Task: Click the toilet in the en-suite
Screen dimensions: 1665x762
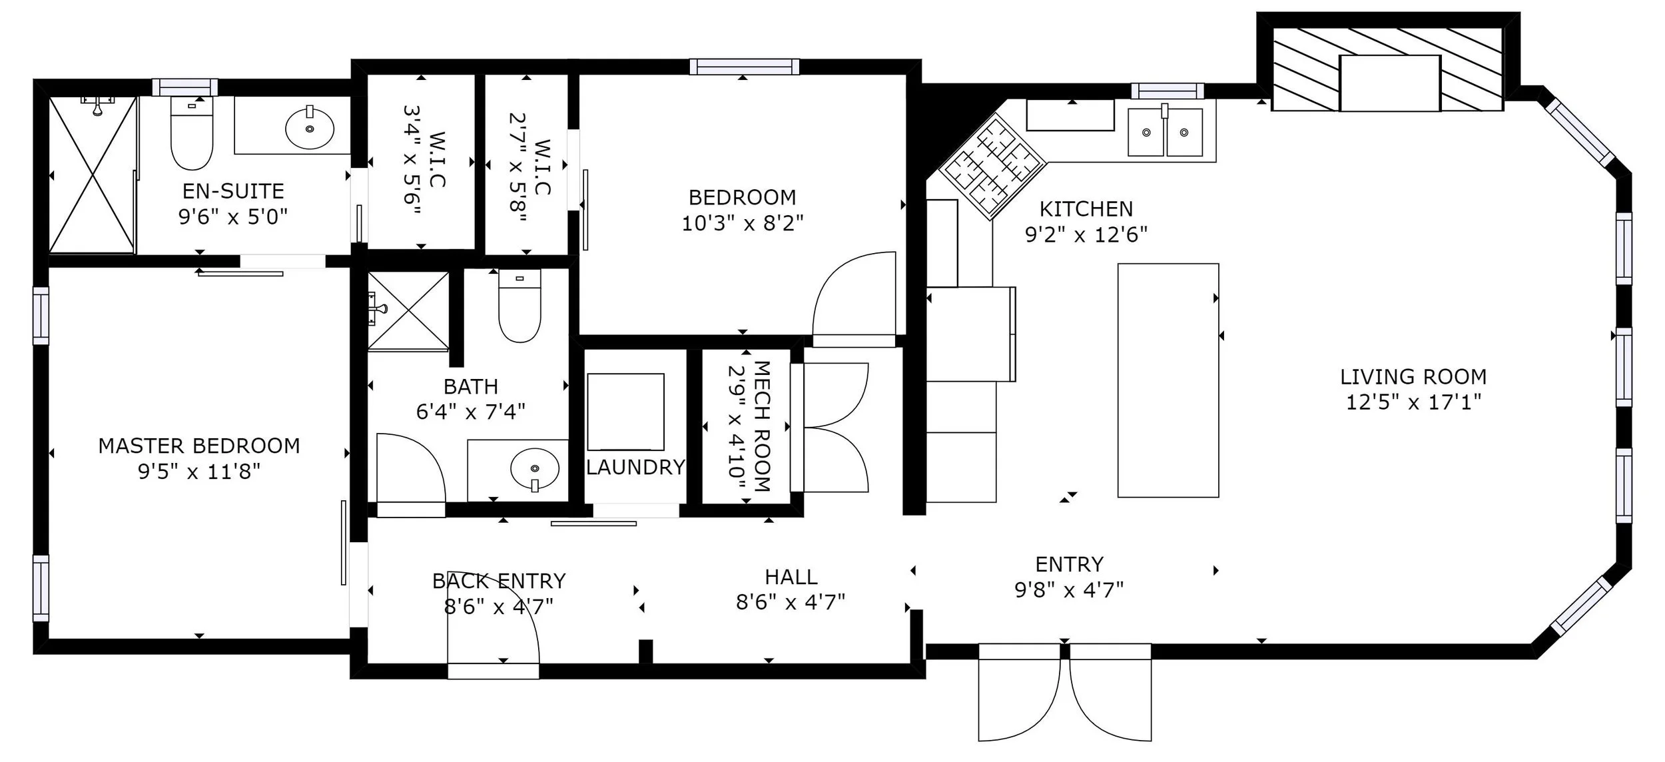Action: (192, 133)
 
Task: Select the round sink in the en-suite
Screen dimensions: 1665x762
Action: (310, 128)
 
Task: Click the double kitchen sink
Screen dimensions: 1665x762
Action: (1165, 132)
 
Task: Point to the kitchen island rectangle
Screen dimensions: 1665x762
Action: (1168, 380)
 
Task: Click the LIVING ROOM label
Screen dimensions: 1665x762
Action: (1413, 377)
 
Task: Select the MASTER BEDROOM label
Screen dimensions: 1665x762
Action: (199, 446)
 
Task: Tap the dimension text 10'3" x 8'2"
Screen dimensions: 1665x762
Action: (743, 223)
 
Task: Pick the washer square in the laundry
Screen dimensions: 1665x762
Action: (625, 412)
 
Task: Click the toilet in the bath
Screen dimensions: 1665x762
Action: (519, 306)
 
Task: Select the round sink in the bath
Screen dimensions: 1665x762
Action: (535, 468)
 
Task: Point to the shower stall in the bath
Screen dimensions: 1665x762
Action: (408, 310)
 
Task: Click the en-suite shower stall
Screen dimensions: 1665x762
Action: (93, 175)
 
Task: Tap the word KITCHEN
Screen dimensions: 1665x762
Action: (1086, 209)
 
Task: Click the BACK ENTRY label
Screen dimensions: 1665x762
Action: (499, 581)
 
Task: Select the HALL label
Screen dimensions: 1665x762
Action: (791, 577)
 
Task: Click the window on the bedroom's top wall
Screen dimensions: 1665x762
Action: (744, 67)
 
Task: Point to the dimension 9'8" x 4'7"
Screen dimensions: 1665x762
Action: (1069, 590)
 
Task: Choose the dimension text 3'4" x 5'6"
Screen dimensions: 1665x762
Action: (413, 161)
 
